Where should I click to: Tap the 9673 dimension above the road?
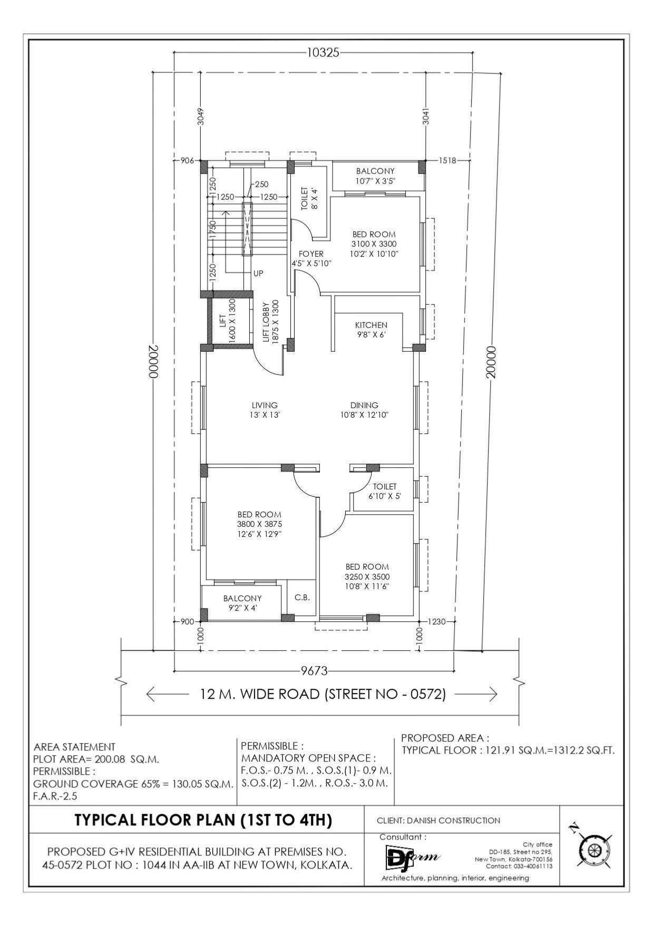tap(315, 671)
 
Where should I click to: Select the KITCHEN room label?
tap(371, 325)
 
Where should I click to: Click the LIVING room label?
tap(265, 405)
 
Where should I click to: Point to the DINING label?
tap(364, 405)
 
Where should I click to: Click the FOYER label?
tap(311, 254)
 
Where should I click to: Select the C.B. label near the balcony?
tap(302, 598)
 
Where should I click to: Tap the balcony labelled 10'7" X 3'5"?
tap(375, 176)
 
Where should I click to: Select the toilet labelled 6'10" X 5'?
tap(385, 491)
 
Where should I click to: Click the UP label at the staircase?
tap(258, 274)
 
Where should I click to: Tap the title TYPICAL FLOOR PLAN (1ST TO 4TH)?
tap(203, 820)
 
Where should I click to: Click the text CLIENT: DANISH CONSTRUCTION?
tap(438, 821)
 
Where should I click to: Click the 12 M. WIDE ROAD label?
tap(323, 694)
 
